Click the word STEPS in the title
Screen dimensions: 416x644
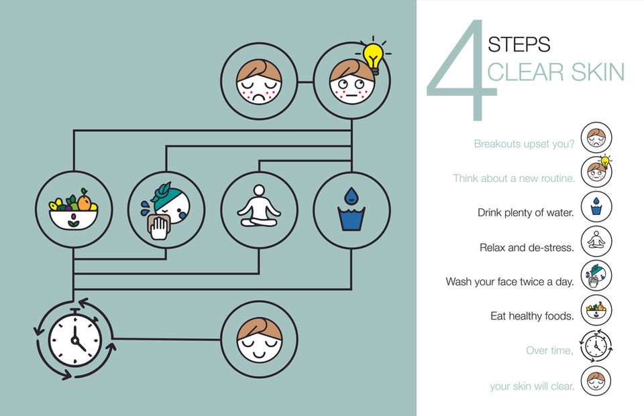[x=519, y=44]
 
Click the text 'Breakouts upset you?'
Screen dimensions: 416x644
[x=523, y=143]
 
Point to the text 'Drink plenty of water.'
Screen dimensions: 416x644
[x=525, y=212]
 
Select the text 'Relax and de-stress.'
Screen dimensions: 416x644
[x=527, y=247]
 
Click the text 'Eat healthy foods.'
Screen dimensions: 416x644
[x=532, y=316]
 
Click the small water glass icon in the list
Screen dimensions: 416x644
[x=596, y=207]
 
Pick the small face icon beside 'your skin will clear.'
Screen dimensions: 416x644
[x=596, y=381]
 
